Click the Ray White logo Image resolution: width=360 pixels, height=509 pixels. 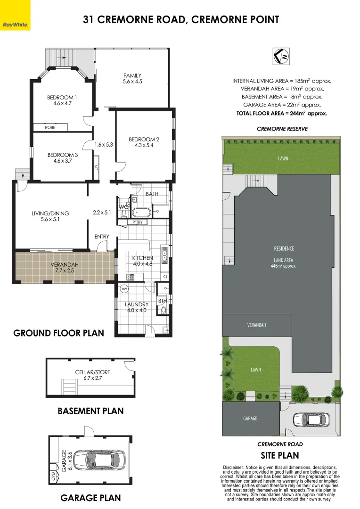click(x=15, y=24)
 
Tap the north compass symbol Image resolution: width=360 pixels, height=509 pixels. click(x=282, y=56)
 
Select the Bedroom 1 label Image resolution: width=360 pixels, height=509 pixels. click(x=62, y=98)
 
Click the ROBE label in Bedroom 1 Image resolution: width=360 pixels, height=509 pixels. click(x=50, y=127)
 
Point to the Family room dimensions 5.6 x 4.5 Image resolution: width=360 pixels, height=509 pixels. click(x=132, y=82)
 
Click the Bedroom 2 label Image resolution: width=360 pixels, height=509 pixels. click(x=144, y=139)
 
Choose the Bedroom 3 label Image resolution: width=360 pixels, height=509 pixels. click(x=62, y=155)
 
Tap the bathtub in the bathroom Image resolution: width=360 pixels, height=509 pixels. click(x=141, y=212)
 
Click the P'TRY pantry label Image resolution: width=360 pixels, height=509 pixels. click(x=138, y=222)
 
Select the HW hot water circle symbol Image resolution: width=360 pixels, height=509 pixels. click(x=124, y=288)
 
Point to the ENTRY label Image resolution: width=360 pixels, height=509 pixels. click(x=102, y=237)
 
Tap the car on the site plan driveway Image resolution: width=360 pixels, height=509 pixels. click(x=312, y=419)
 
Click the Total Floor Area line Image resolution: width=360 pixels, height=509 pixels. click(x=281, y=113)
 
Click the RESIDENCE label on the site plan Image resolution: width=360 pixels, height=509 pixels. click(x=284, y=248)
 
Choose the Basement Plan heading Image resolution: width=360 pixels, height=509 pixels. click(x=90, y=411)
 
